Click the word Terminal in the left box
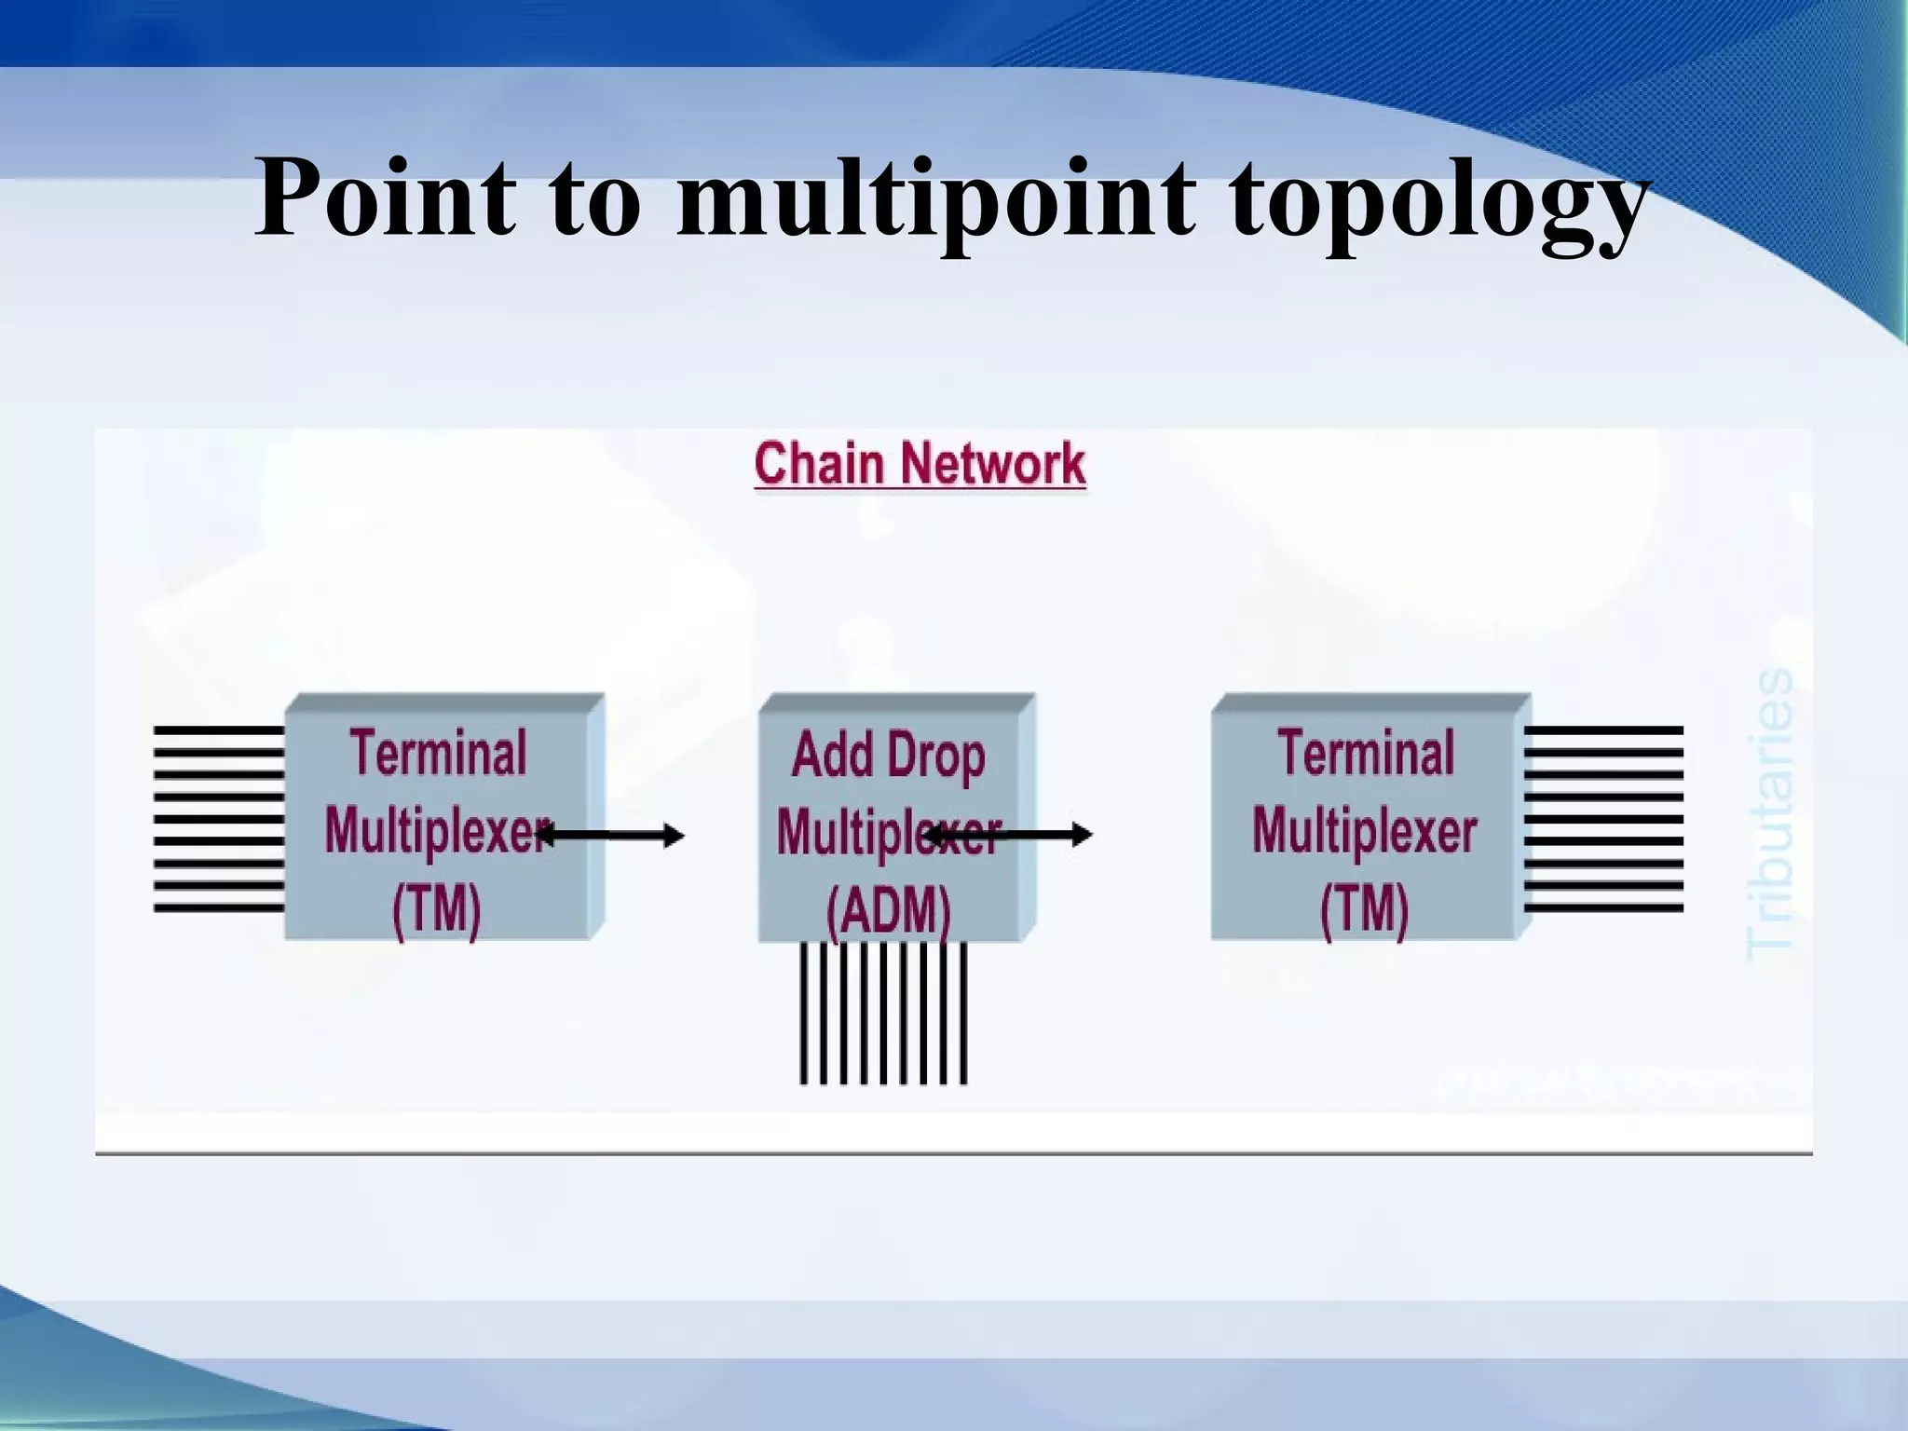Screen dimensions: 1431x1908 coord(438,754)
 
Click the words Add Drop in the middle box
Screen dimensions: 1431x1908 coord(888,756)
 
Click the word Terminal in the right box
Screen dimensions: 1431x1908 coord(1366,754)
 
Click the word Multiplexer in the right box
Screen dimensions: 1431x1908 coord(1365,831)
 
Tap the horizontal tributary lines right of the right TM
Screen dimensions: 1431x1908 coord(1604,819)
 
